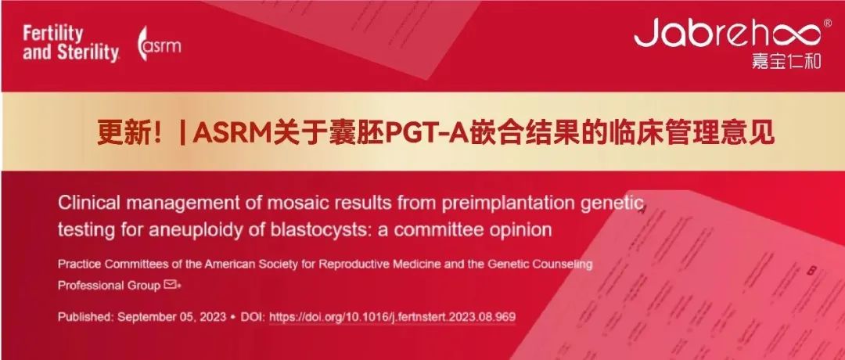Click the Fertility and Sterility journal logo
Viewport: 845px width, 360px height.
coord(70,44)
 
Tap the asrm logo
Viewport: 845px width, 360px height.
coord(159,44)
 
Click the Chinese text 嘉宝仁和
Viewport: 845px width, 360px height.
coord(787,61)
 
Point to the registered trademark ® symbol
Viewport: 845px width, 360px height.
coord(828,23)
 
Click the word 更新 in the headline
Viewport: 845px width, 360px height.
coord(119,132)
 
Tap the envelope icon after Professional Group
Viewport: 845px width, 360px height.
coord(171,284)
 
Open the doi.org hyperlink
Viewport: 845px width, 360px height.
coord(392,317)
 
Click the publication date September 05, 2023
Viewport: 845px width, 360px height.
coord(172,317)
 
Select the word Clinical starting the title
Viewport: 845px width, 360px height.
coord(82,203)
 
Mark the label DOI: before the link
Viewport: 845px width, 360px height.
coord(253,317)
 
